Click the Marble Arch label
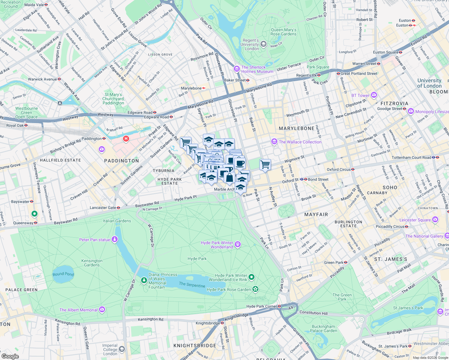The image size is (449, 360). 224,189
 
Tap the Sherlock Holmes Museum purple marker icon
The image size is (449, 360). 237,69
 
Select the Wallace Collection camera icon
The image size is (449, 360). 274,142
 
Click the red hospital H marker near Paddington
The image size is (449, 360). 126,139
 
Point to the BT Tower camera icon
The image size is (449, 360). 374,95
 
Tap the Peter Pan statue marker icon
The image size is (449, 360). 114,239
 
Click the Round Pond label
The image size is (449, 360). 63,274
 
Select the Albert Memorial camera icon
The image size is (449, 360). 102,310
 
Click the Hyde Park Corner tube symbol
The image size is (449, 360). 279,306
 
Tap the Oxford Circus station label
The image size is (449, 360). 339,169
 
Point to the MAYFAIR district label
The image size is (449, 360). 316,214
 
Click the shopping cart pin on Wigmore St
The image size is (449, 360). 265,165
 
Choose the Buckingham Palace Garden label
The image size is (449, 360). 324,328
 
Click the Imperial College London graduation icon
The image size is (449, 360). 122,349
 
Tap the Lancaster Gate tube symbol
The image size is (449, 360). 118,208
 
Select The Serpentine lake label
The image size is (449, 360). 192,284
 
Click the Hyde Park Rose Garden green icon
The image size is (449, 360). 255,289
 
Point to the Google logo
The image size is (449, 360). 10,356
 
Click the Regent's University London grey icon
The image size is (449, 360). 263,44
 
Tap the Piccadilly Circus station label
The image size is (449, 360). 390,226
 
